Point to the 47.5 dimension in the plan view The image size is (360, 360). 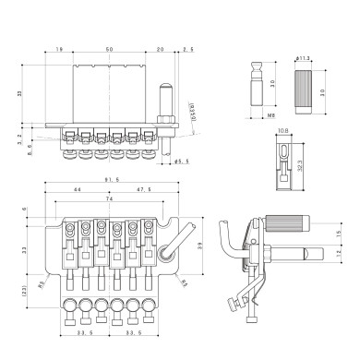tap(145, 189)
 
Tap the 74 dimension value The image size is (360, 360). tap(109, 199)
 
